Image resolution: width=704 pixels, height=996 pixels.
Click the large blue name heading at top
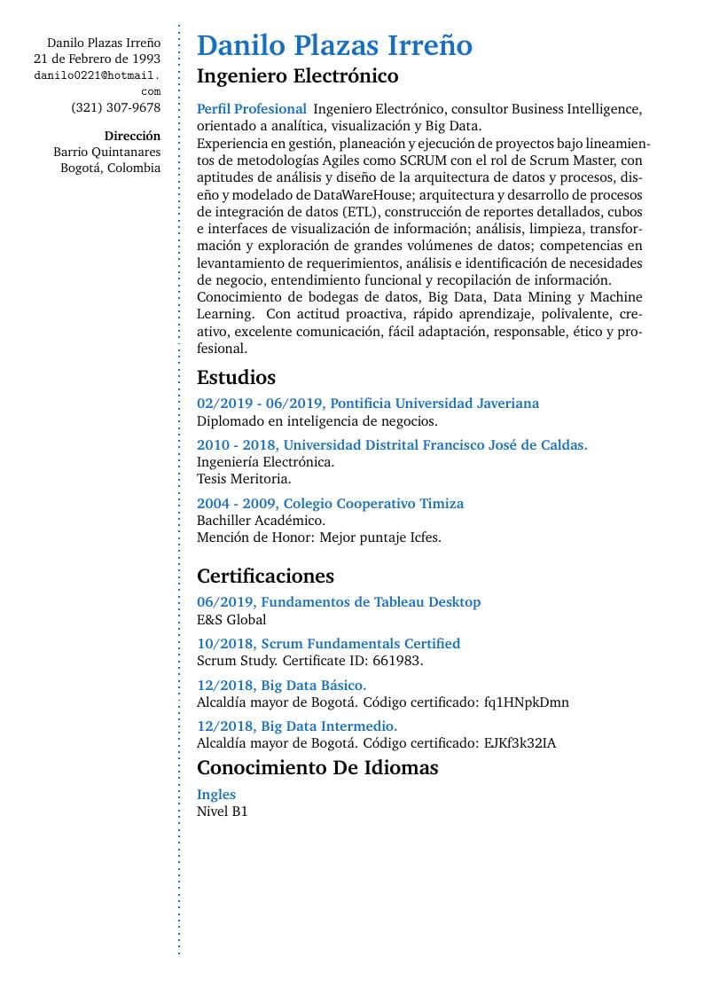pyautogui.click(x=334, y=45)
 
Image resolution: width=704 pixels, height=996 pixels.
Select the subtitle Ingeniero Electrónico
pyautogui.click(x=297, y=75)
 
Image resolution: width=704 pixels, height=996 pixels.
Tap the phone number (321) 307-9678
pyautogui.click(x=116, y=108)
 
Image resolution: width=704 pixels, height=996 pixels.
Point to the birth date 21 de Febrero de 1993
pyautogui.click(x=97, y=59)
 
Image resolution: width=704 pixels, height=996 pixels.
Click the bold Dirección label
pyautogui.click(x=132, y=136)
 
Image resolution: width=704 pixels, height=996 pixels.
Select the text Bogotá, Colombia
pyautogui.click(x=111, y=168)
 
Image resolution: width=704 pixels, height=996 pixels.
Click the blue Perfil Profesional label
pyautogui.click(x=251, y=109)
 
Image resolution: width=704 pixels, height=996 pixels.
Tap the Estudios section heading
pyautogui.click(x=236, y=377)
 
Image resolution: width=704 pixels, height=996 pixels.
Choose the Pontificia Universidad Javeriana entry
pyautogui.click(x=367, y=404)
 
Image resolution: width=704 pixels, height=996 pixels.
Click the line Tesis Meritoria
pyautogui.click(x=244, y=479)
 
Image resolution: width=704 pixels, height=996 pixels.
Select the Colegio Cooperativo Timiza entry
pyautogui.click(x=330, y=504)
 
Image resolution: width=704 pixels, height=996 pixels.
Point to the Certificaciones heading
pyautogui.click(x=265, y=576)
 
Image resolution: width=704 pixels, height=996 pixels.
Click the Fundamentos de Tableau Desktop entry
pyautogui.click(x=339, y=602)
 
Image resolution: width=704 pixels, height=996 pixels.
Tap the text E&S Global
pyautogui.click(x=231, y=619)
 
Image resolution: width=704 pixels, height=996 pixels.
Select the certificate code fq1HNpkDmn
pyautogui.click(x=526, y=702)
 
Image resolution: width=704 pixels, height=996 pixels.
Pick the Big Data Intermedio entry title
pyautogui.click(x=296, y=726)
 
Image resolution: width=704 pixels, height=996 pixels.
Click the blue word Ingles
pyautogui.click(x=216, y=795)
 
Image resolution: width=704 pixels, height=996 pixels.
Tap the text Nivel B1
pyautogui.click(x=222, y=812)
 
